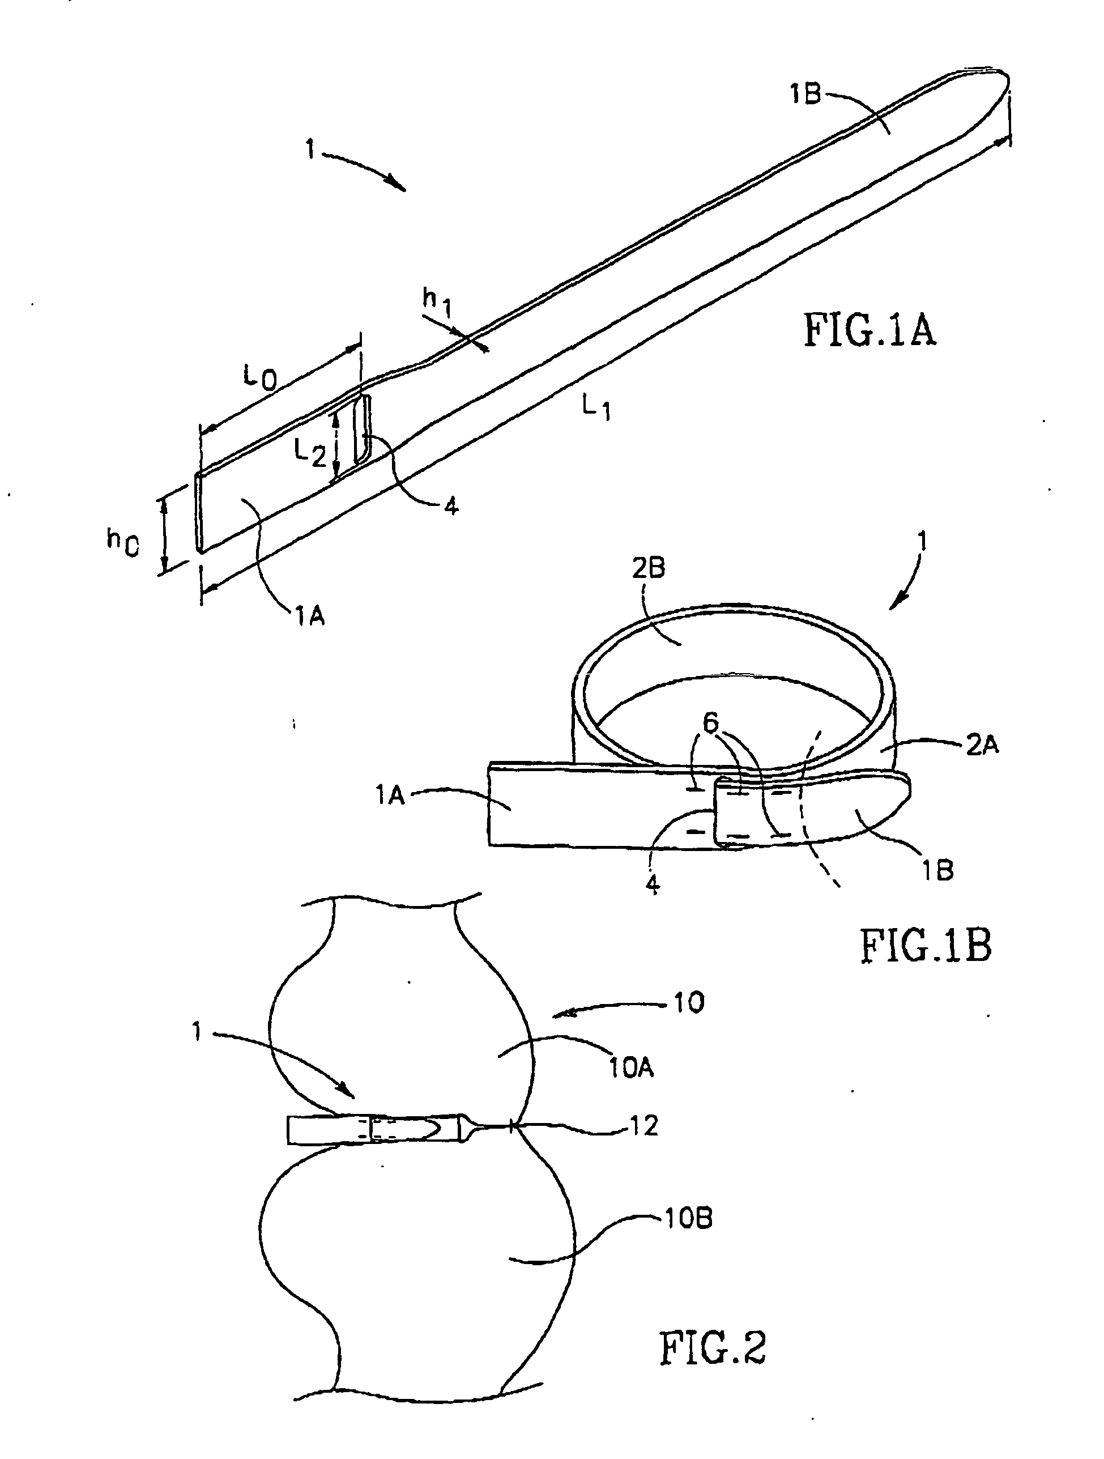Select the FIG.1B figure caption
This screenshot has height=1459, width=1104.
[925, 946]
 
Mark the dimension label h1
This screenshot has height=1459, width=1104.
[437, 303]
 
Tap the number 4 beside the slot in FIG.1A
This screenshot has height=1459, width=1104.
[451, 506]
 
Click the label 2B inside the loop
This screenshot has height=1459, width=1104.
[648, 568]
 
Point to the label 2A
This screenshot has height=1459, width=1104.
[982, 745]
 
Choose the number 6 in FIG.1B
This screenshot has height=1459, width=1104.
[710, 724]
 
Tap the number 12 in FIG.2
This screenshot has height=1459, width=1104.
[643, 1126]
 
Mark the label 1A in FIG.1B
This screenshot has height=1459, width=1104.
[390, 796]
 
